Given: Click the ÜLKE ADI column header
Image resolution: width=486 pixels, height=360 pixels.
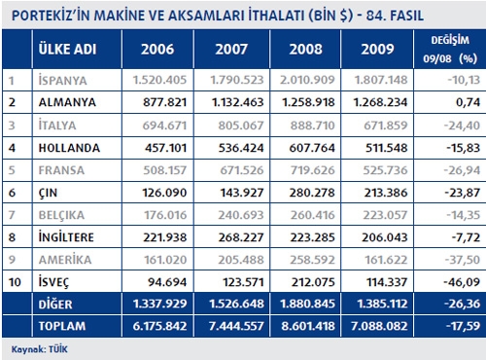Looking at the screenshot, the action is coord(67,50).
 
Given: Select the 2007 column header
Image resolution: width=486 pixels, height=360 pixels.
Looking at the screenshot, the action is coord(231,50).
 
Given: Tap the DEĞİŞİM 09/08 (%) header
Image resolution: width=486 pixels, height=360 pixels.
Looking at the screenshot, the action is coord(450,50).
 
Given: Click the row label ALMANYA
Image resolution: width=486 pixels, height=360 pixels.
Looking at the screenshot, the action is coord(67,102).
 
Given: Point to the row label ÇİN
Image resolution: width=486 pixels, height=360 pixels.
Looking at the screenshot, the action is coord(48,193).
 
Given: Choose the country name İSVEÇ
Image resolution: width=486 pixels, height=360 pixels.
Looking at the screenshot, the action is coord(53,282).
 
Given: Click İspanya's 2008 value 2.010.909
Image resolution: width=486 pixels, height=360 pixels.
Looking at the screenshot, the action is coord(307,80).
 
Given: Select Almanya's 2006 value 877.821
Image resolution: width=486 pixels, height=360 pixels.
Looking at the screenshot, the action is coord(165,102).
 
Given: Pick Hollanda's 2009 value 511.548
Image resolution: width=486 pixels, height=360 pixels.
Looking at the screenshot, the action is coord(387,148).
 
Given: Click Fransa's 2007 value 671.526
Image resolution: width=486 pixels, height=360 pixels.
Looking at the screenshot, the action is coord(242,170).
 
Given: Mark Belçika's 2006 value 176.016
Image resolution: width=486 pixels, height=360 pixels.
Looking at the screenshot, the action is coord(165,215).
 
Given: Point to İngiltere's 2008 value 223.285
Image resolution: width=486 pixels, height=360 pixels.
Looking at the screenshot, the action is coord(312,237).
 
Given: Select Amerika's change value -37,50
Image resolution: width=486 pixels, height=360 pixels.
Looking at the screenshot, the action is coord(462,260).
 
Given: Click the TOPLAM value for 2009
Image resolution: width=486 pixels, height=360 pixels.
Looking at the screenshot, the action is coord(379,326).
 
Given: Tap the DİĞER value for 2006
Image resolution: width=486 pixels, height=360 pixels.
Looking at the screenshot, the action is coord(159,304).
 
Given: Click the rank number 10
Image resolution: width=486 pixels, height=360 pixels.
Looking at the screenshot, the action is coord(15,282).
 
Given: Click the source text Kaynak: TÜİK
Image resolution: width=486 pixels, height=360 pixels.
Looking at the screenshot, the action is coord(40,349).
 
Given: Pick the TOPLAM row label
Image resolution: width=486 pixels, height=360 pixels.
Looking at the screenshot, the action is coord(62,326).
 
